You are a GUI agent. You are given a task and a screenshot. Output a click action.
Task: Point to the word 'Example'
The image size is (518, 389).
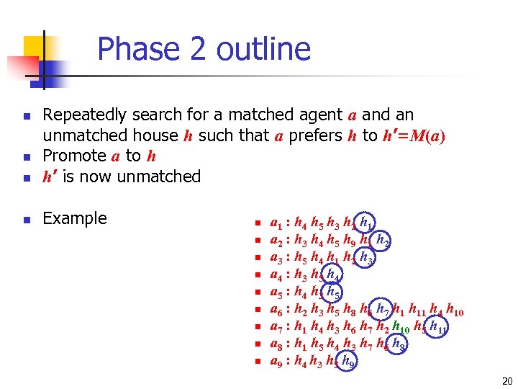[x=75, y=218]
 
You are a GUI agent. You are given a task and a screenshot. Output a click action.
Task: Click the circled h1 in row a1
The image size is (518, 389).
[x=365, y=223]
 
